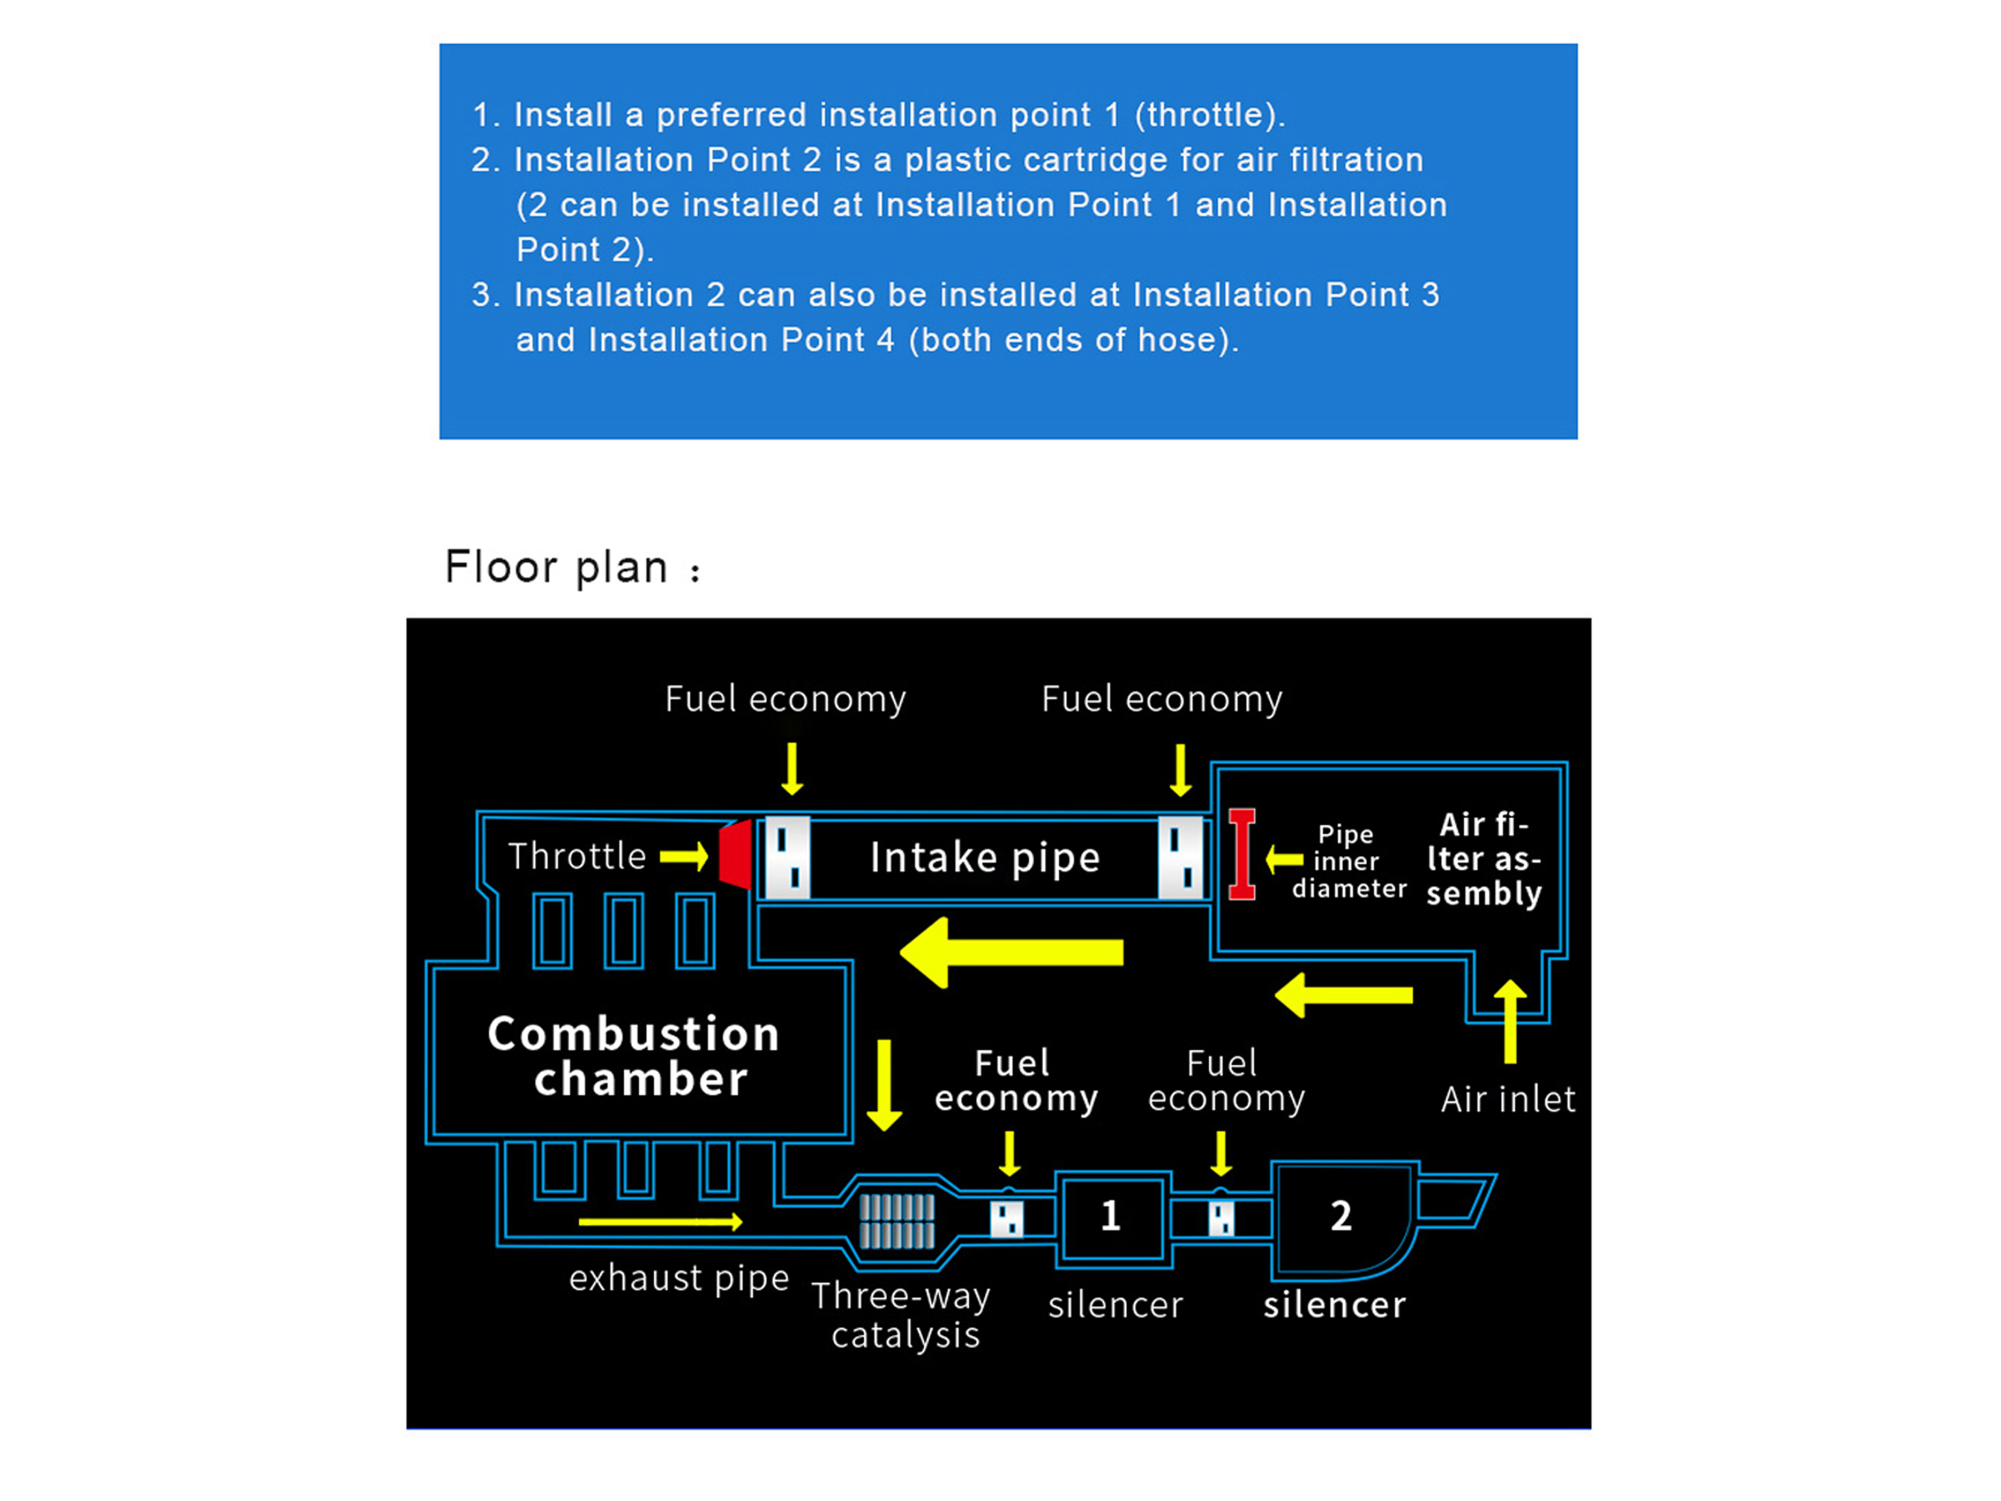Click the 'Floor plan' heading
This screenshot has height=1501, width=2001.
(x=556, y=568)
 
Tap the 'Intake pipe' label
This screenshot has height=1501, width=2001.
(x=985, y=857)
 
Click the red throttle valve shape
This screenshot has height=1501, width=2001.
(x=736, y=854)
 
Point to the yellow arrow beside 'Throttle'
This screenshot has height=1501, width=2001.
(x=684, y=856)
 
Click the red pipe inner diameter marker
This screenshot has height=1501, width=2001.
(x=1242, y=854)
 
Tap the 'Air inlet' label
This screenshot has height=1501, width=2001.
(x=1508, y=1099)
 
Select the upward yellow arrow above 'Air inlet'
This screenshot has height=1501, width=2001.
(x=1510, y=1022)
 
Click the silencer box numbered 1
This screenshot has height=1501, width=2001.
(x=1111, y=1217)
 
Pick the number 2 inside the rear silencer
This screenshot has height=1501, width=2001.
(x=1341, y=1216)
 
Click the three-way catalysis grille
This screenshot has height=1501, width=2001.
(x=896, y=1221)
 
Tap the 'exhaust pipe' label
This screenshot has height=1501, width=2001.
(x=679, y=1279)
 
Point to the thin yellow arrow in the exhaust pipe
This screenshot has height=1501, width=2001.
(x=660, y=1223)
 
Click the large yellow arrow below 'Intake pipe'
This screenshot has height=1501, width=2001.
(x=1011, y=953)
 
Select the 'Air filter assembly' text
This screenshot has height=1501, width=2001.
(x=1483, y=859)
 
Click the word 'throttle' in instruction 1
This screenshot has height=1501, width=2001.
(x=1205, y=115)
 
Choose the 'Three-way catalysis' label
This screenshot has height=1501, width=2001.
(x=902, y=1316)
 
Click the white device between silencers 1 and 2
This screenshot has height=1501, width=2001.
(x=1221, y=1217)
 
